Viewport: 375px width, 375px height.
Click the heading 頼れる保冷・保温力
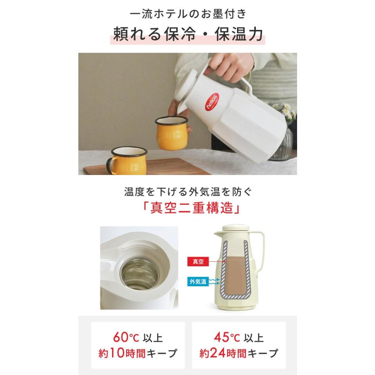pyautogui.click(x=187, y=35)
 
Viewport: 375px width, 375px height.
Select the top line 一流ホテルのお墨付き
pyautogui.click(x=187, y=14)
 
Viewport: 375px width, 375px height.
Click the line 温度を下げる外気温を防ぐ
pyautogui.click(x=187, y=192)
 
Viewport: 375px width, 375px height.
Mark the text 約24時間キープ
pyautogui.click(x=238, y=354)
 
